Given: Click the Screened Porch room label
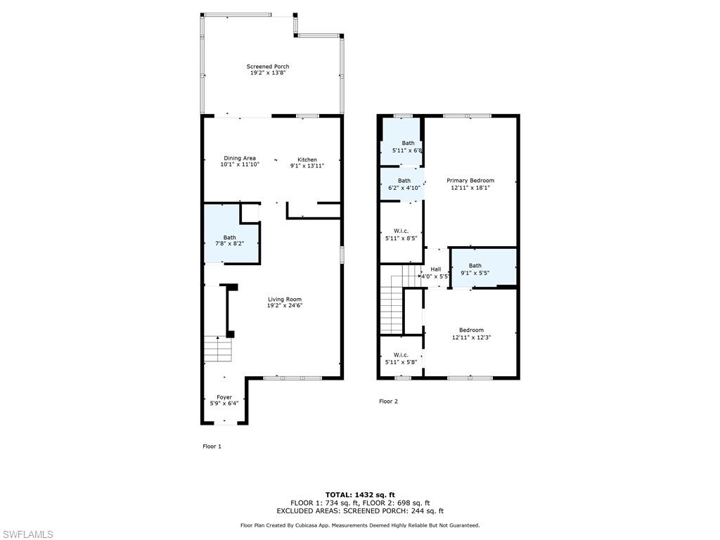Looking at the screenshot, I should tap(267, 67).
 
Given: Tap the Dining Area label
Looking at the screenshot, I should tap(240, 159).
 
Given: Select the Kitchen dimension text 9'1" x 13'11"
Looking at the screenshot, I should tap(307, 166).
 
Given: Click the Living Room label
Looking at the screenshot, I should tap(284, 300).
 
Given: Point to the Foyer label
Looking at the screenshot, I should tap(224, 398).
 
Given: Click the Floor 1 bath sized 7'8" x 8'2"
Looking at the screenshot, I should tap(230, 240).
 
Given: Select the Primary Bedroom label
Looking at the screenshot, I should tap(470, 181).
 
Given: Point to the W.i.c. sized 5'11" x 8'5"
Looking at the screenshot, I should tap(401, 234).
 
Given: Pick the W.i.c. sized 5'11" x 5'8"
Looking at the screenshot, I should tap(401, 359).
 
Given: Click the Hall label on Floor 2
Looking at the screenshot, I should tap(436, 269).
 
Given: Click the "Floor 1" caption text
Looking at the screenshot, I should tap(212, 446).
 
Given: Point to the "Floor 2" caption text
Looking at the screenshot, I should tap(388, 401).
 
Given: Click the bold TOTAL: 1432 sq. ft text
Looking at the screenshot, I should tap(359, 494).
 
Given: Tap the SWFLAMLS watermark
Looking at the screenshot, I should tap(27, 534).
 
